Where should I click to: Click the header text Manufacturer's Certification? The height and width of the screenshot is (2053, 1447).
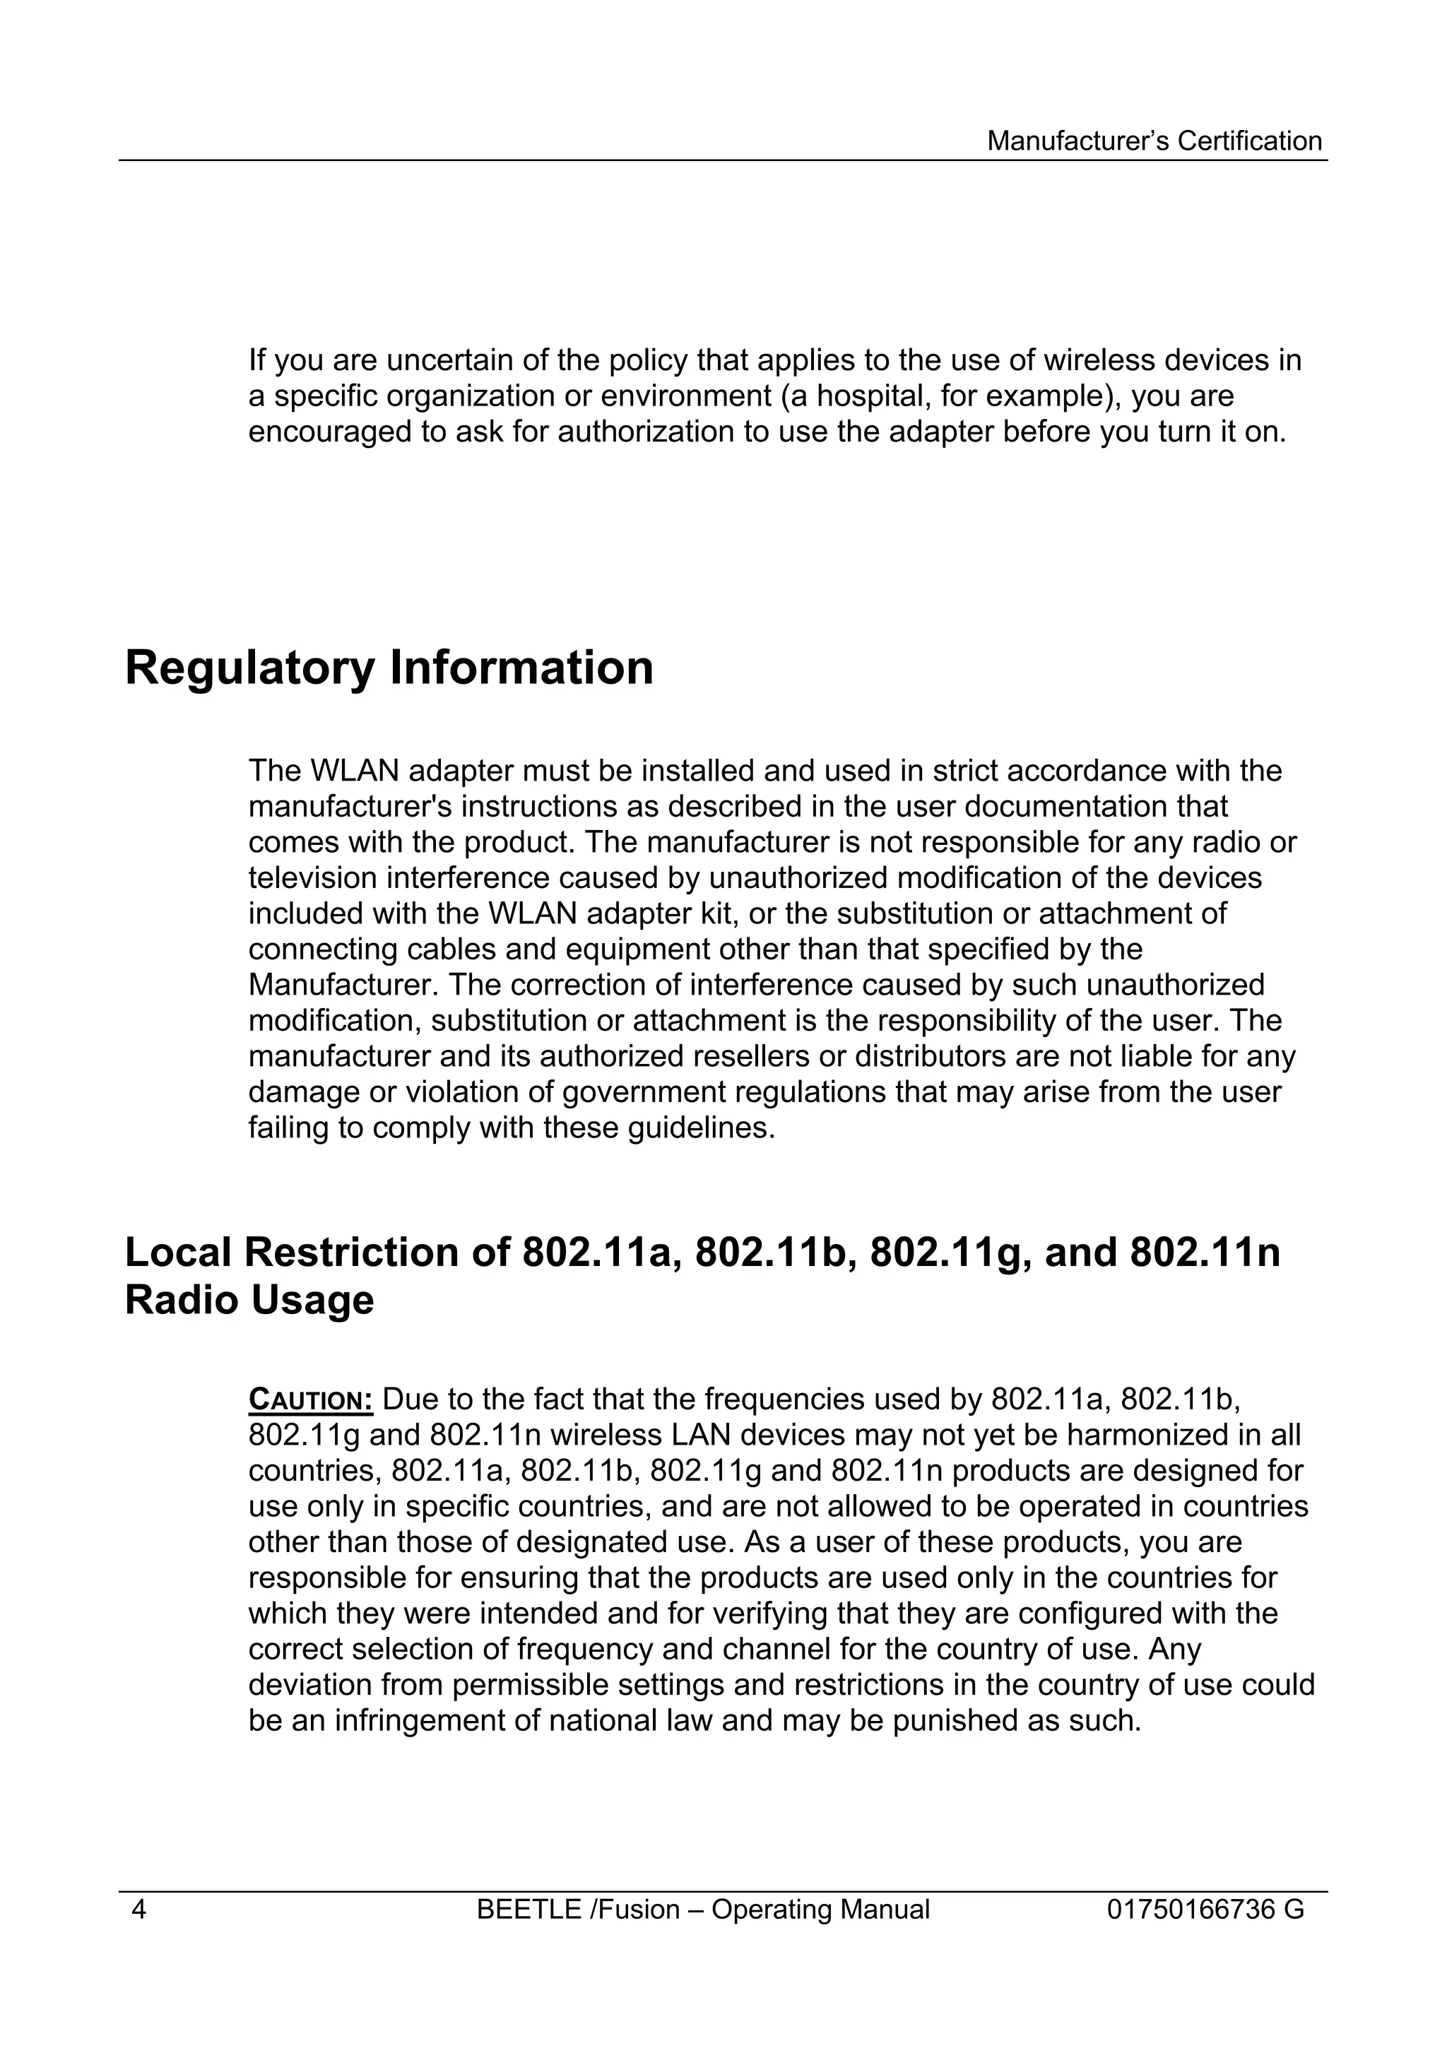click(x=1154, y=141)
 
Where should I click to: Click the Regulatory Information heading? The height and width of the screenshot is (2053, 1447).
click(x=389, y=669)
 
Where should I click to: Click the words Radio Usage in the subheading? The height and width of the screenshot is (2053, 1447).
click(x=249, y=1300)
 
